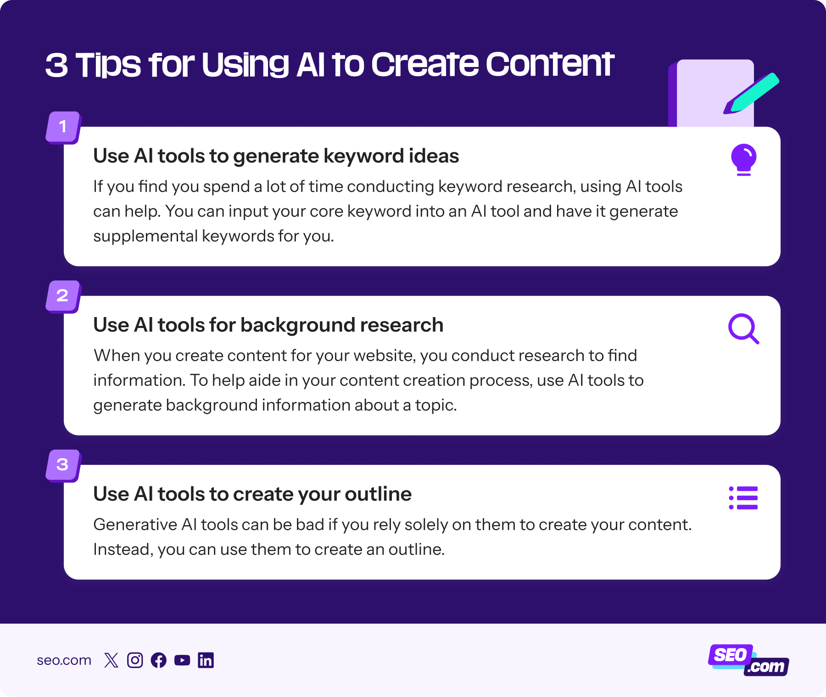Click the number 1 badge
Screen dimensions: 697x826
pyautogui.click(x=63, y=127)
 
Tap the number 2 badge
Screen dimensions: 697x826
pyautogui.click(x=63, y=296)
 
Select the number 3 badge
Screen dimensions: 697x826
pyautogui.click(x=63, y=464)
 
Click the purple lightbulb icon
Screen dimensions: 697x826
pyautogui.click(x=743, y=159)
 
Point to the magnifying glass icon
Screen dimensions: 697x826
pyautogui.click(x=743, y=329)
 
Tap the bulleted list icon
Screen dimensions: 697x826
pyautogui.click(x=743, y=498)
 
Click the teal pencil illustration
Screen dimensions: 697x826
pyautogui.click(x=753, y=93)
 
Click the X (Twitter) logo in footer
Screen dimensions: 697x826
pyautogui.click(x=111, y=660)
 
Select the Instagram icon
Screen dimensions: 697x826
pyautogui.click(x=135, y=660)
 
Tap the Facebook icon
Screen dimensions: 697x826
pyautogui.click(x=159, y=660)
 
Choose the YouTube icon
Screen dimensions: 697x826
pyautogui.click(x=182, y=660)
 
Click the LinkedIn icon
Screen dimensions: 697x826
pyautogui.click(x=206, y=660)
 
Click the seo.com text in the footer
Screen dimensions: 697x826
pyautogui.click(x=64, y=660)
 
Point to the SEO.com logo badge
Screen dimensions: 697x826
pyautogui.click(x=748, y=660)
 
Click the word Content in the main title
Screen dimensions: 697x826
pyautogui.click(x=550, y=64)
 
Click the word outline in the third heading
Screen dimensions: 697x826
pyautogui.click(x=378, y=494)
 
